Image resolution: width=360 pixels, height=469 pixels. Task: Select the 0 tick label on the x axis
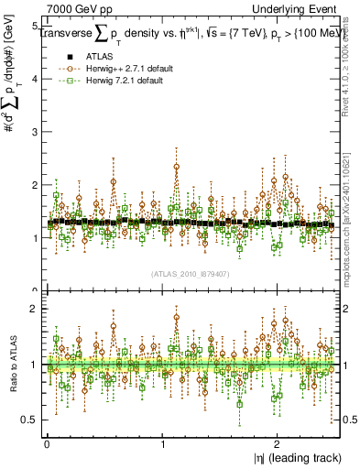click(x=47, y=442)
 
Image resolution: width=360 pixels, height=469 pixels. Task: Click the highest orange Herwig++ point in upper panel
click(x=176, y=167)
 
